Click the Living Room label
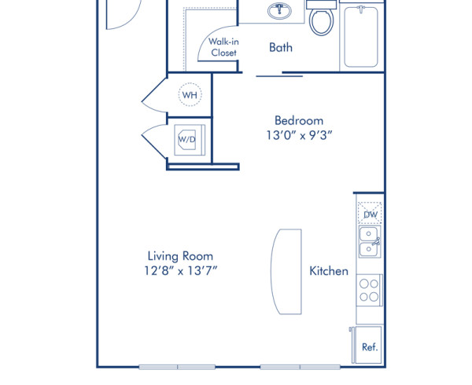[180, 256]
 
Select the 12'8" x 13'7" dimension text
[180, 271]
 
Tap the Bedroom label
[298, 120]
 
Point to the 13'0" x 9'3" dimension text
[298, 135]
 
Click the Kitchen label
[328, 271]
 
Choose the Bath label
[281, 47]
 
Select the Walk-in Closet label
[223, 47]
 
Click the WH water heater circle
[190, 95]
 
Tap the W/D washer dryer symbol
[187, 140]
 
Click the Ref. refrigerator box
[369, 345]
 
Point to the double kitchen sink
[369, 241]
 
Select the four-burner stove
[369, 289]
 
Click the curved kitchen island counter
[285, 272]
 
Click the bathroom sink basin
[277, 11]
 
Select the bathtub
[361, 35]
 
